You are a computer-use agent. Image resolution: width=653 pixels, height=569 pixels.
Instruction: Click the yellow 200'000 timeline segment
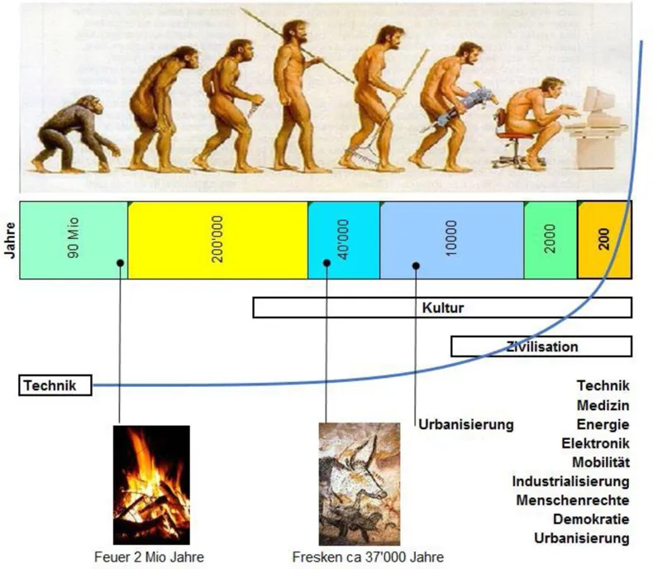tap(217, 240)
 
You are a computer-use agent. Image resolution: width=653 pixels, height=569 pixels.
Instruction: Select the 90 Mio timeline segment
tap(73, 240)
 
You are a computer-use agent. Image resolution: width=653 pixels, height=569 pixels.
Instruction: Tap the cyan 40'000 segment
tap(343, 240)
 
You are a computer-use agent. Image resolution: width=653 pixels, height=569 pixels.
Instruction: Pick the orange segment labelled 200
tap(604, 240)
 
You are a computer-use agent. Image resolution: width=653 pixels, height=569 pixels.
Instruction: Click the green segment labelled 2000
tap(550, 240)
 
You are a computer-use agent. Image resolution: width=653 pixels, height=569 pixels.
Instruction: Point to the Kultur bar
tap(442, 308)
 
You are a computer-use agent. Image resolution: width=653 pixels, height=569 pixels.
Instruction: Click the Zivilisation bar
tap(541, 347)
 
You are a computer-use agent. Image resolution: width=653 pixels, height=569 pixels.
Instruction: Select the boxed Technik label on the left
tap(55, 385)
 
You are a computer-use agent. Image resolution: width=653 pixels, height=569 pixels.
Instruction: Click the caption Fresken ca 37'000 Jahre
tap(356, 557)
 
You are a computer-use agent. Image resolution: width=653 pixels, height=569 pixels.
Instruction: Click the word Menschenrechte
tap(573, 500)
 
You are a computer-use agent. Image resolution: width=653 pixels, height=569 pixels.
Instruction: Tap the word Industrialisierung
tap(571, 481)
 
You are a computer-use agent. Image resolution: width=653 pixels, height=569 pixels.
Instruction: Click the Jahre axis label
tap(9, 240)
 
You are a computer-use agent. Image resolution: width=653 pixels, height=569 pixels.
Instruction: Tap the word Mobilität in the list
tap(600, 462)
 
